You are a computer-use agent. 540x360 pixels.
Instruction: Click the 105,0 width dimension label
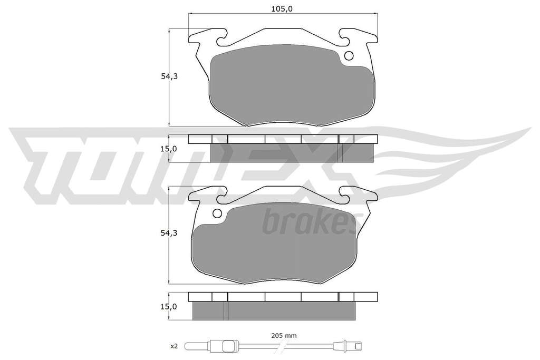tap(282, 8)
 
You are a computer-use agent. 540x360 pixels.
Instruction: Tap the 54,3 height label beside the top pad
tap(169, 76)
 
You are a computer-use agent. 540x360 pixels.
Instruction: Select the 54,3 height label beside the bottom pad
tap(169, 233)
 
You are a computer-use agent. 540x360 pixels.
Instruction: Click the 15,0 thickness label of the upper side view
tap(169, 149)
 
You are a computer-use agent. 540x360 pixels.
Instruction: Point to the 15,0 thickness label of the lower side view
tap(169, 306)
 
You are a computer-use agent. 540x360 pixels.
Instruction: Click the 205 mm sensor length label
tap(284, 336)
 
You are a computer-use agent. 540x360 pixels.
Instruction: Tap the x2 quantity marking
tap(174, 346)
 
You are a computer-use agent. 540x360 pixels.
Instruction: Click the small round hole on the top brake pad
tap(349, 56)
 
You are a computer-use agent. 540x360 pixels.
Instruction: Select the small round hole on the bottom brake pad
tap(217, 213)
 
